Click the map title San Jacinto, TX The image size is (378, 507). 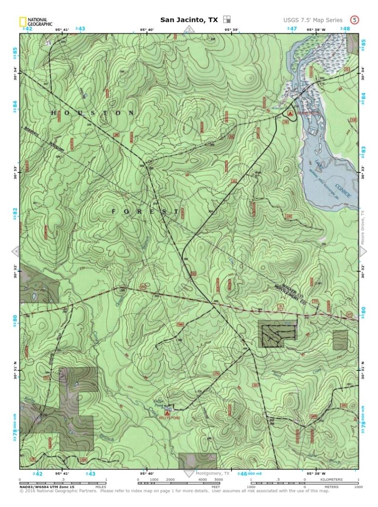tap(189, 20)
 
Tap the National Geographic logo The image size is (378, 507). tap(36, 21)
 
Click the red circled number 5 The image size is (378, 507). tap(354, 20)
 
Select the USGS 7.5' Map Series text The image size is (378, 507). tap(313, 20)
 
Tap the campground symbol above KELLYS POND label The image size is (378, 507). tap(167, 412)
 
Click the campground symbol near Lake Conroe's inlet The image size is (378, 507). tap(290, 113)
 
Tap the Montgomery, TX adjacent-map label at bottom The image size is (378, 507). tap(213, 473)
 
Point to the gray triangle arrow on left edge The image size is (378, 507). tap(15, 251)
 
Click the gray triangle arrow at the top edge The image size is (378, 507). tap(189, 29)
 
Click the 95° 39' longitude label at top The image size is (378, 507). tap(231, 30)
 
